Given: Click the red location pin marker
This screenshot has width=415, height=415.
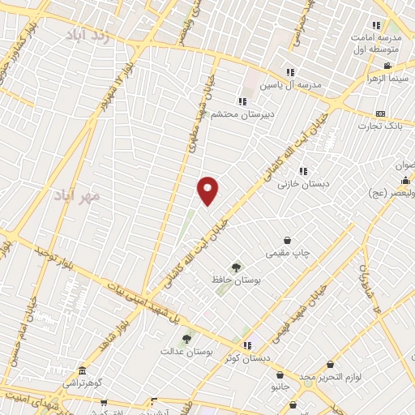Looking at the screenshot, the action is coord(207,191).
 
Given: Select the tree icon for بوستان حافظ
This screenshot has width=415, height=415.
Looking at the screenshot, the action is coord(236,267).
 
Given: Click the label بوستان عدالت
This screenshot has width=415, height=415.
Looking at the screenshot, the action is coord(186,351).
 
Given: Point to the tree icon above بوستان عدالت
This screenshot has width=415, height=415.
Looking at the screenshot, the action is coord(187,339).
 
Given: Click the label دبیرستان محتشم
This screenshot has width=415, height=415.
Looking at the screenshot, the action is coord(243,114).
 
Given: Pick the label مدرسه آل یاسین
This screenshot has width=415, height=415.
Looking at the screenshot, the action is coord(290,84).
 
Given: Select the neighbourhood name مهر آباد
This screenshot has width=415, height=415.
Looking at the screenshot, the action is coord(78,195).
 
